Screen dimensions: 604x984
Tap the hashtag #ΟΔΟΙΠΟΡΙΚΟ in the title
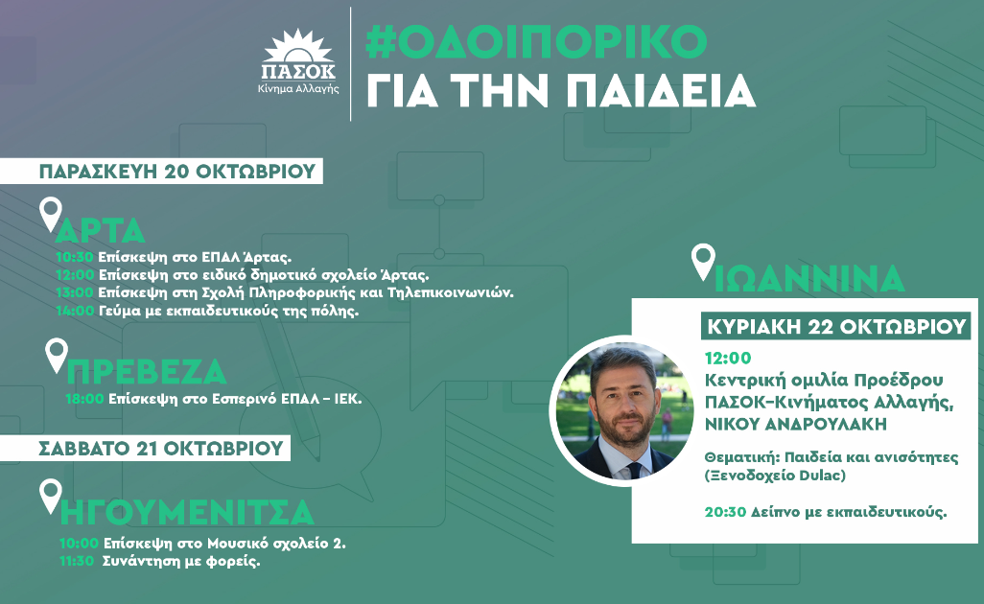coord(536,40)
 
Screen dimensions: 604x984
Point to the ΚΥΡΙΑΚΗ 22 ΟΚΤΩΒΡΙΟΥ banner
coord(835,326)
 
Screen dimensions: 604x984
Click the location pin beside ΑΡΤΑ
coord(50,214)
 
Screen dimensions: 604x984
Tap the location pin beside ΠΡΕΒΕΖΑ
coord(58,356)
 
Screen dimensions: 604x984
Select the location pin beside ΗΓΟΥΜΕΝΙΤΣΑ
coord(50,496)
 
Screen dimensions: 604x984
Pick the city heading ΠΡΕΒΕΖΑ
coord(147,372)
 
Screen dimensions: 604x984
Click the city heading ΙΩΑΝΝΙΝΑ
coord(810,278)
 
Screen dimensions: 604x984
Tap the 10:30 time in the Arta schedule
coord(75,258)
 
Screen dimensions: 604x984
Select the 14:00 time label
coord(75,310)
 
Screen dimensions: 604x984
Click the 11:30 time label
coord(75,561)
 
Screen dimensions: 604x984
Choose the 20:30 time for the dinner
coord(725,511)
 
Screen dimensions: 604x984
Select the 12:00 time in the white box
coord(727,358)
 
